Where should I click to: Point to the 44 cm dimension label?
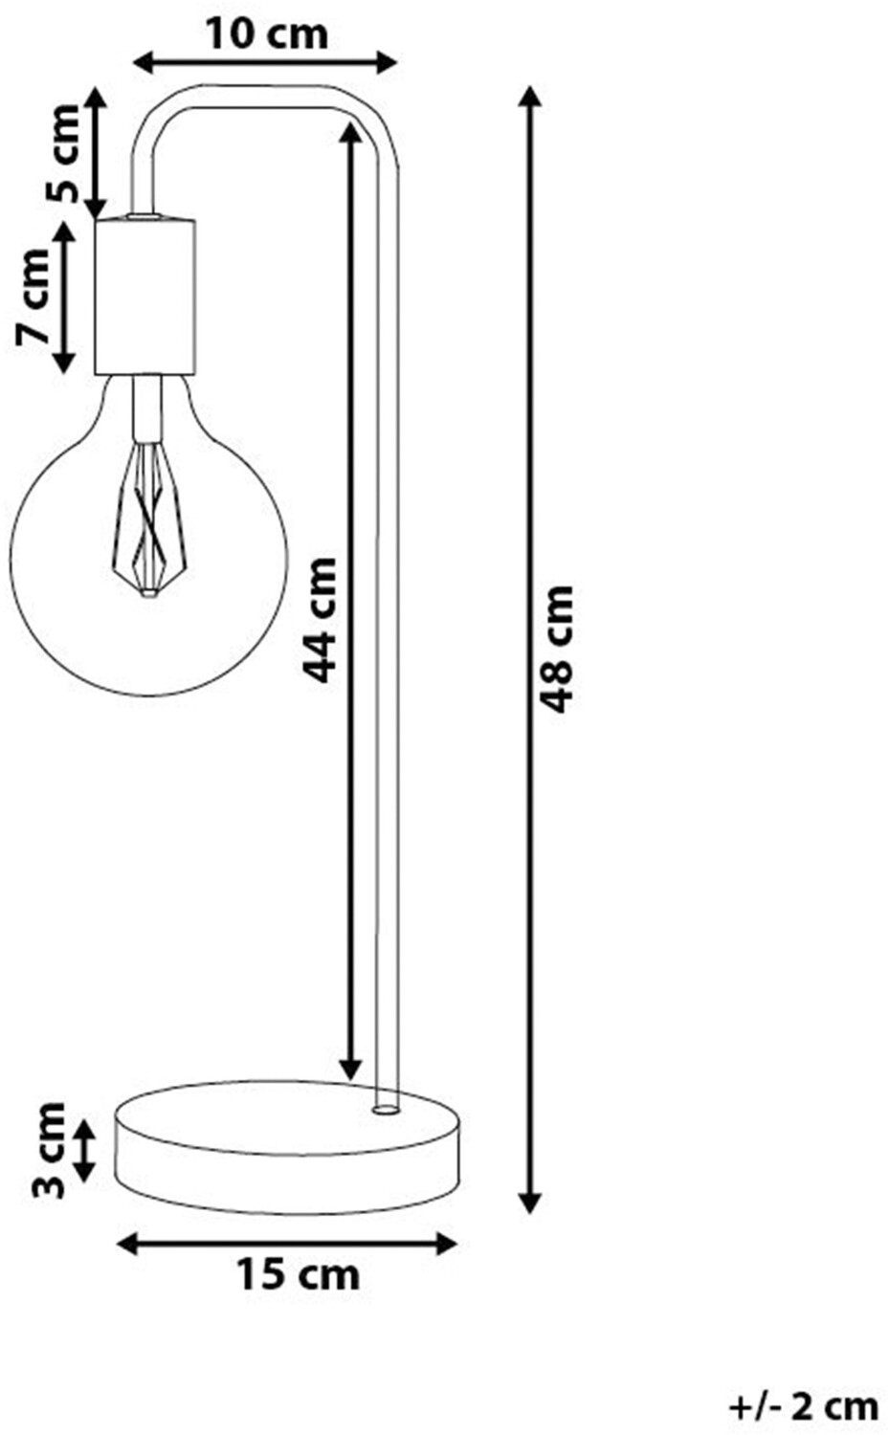(x=319, y=620)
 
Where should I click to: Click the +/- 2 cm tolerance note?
(x=803, y=1405)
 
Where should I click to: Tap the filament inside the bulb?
(x=146, y=521)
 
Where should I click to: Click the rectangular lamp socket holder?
(x=144, y=297)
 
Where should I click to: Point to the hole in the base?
(x=385, y=1111)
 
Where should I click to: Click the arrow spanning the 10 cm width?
(x=264, y=64)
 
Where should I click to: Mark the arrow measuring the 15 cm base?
(x=286, y=1244)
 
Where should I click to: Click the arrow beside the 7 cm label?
(x=64, y=297)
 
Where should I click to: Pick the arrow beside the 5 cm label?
(x=95, y=153)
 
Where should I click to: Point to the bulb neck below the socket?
(x=145, y=407)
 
